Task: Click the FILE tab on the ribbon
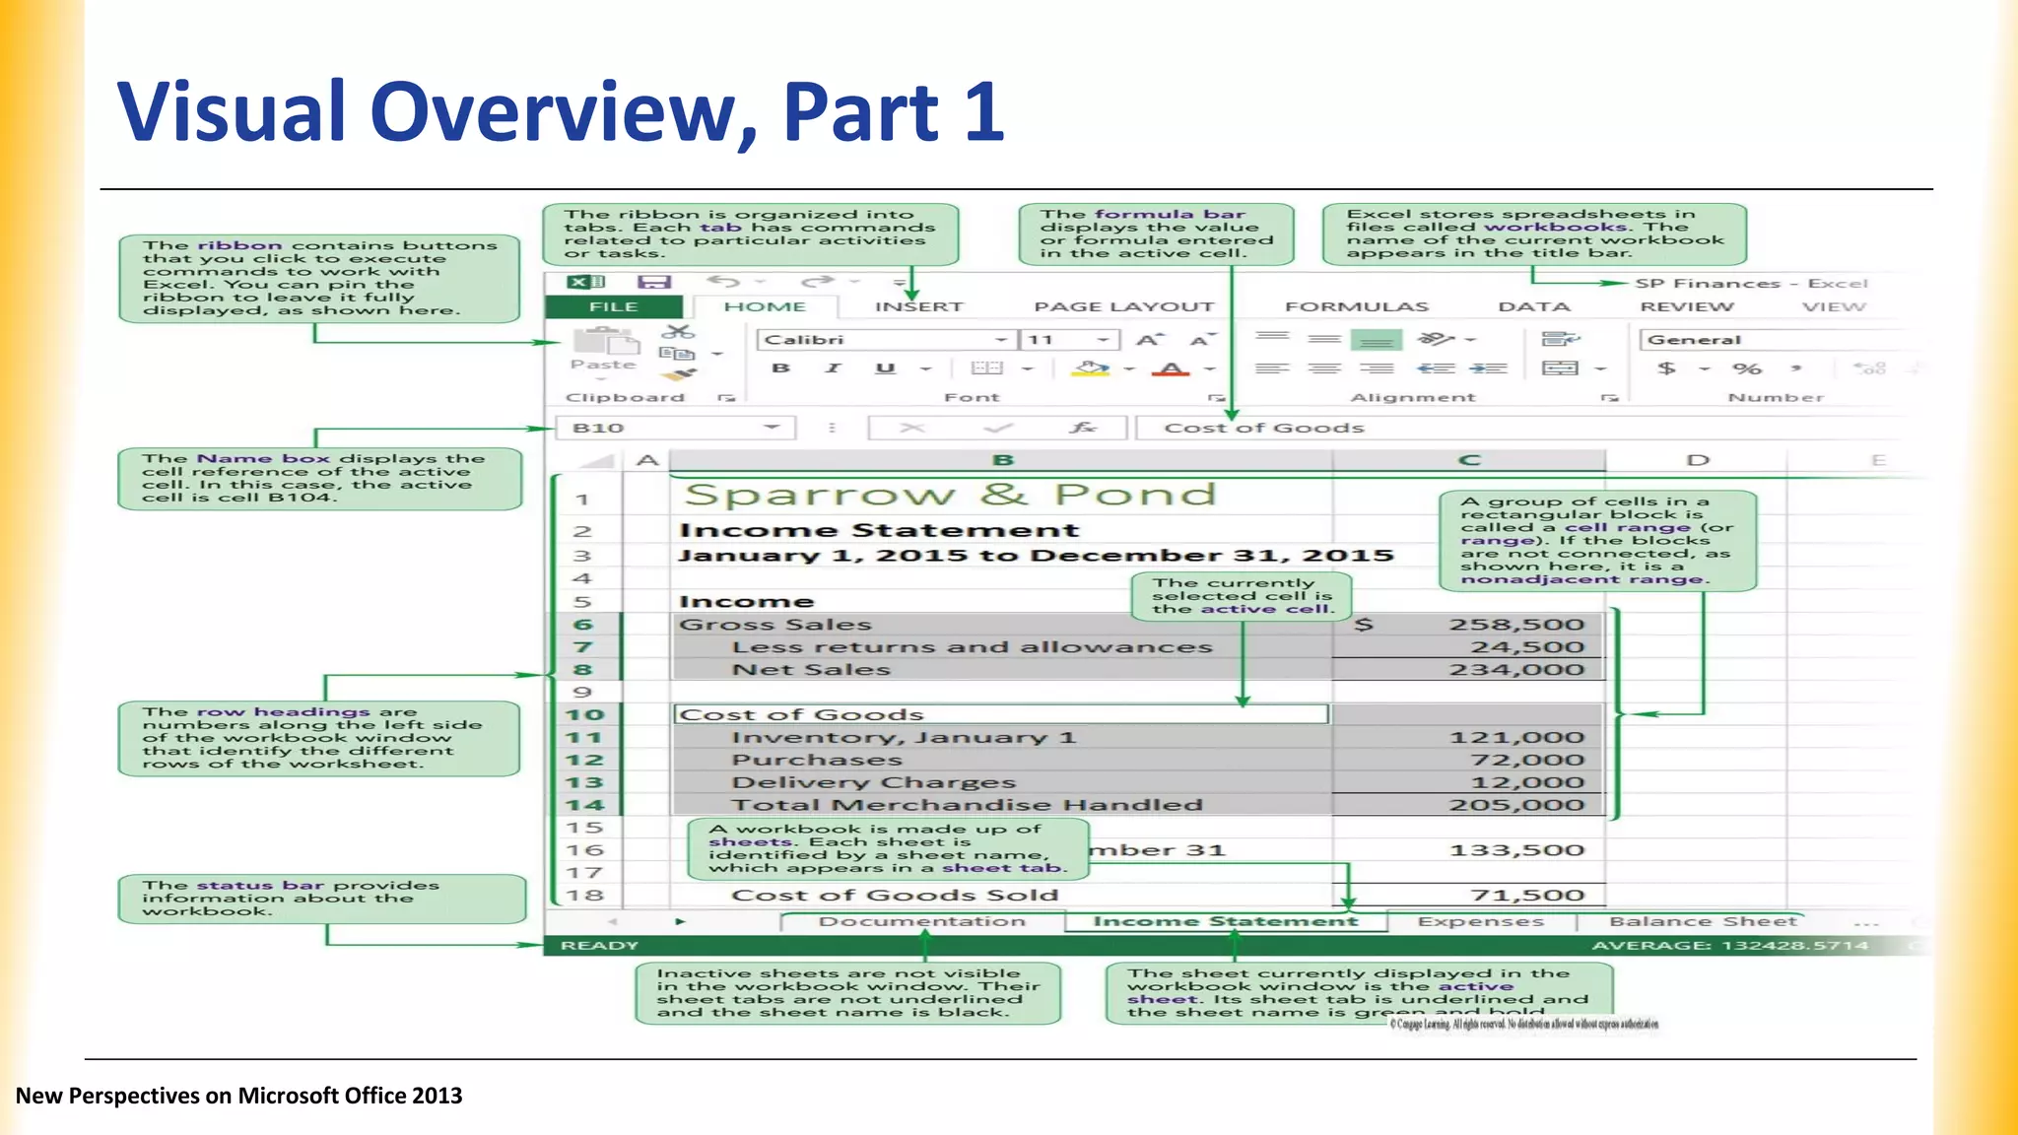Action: [x=613, y=307]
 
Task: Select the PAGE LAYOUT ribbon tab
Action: [x=1123, y=307]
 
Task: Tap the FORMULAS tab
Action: [x=1356, y=307]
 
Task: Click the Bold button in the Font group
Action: [x=781, y=368]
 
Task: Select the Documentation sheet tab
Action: [x=921, y=922]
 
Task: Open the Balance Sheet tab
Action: [x=1703, y=922]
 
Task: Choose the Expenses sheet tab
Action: [x=1480, y=922]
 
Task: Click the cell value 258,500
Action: [x=1515, y=625]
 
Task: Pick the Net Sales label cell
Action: [x=810, y=670]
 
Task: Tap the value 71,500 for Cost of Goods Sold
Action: [x=1526, y=896]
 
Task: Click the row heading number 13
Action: [x=584, y=782]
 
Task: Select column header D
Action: [x=1697, y=460]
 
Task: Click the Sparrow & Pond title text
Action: [x=950, y=495]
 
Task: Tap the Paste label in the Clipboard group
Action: [x=603, y=365]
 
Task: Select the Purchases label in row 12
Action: [x=816, y=760]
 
